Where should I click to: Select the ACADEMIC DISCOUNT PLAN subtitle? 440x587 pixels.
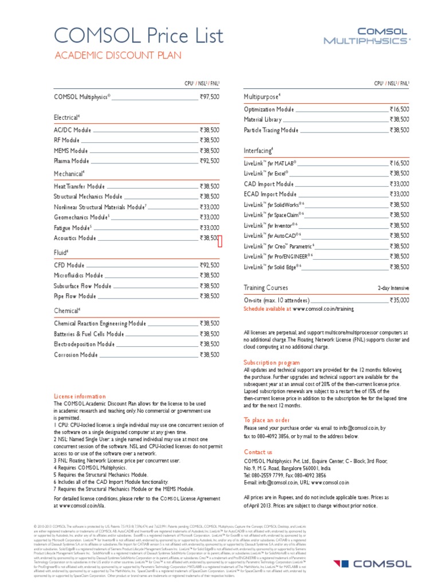tap(117, 56)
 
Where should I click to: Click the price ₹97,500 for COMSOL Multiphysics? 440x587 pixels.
tap(209, 97)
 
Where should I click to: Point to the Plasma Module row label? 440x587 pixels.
tap(72, 161)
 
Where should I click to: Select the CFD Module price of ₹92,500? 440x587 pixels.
tap(209, 265)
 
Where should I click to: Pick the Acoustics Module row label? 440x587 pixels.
tap(75, 238)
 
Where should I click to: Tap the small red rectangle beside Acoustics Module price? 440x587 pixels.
tap(220, 242)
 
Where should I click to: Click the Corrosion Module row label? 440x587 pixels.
tap(76, 355)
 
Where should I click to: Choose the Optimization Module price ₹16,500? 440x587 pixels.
tap(399, 109)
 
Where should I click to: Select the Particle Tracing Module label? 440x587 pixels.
tap(271, 130)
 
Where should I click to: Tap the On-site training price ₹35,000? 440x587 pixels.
tap(399, 300)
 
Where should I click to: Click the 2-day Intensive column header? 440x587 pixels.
tap(393, 288)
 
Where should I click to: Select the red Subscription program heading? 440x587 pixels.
tap(272, 363)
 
